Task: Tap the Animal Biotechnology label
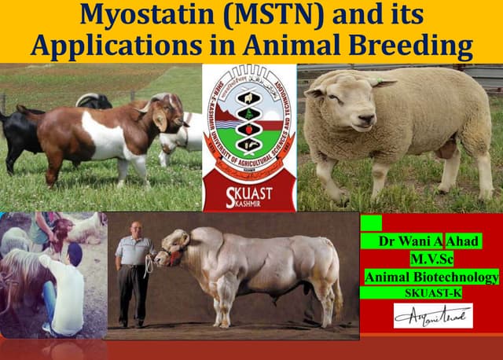click(431, 277)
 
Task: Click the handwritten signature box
click(433, 316)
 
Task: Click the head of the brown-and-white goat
click(167, 111)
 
